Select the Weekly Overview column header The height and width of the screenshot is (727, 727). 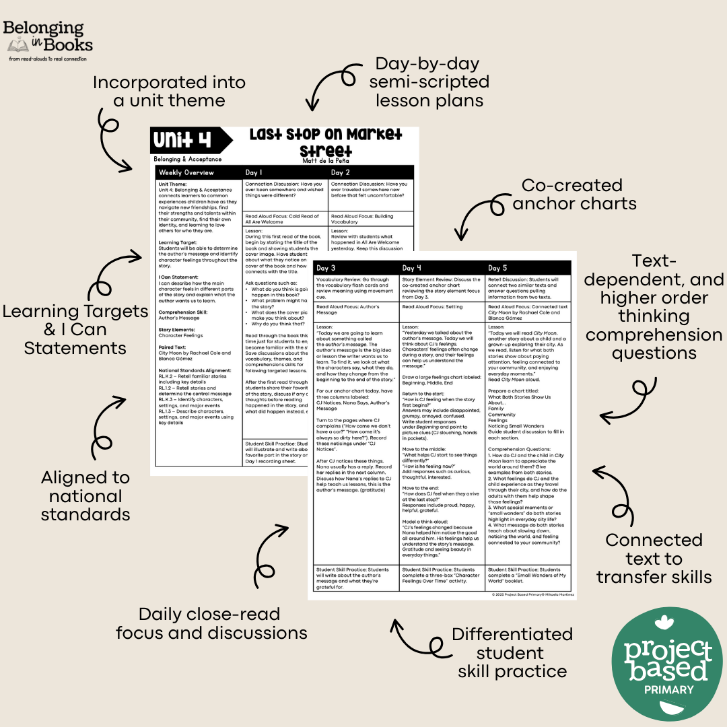186,172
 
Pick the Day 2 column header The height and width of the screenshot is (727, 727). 341,172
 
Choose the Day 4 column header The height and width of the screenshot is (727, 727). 412,268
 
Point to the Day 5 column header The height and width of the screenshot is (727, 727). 498,268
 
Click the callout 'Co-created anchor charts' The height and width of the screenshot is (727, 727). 574,194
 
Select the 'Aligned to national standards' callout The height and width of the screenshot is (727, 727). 85,496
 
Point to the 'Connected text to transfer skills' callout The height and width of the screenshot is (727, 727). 654,558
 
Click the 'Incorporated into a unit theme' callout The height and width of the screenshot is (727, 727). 169,92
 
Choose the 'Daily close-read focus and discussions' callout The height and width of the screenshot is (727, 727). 211,623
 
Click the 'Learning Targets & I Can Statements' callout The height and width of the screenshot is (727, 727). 75,330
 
